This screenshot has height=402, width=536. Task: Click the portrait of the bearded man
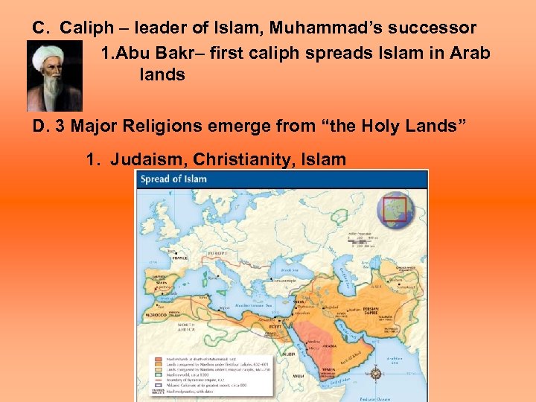(x=54, y=77)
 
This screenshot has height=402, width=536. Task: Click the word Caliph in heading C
(x=86, y=28)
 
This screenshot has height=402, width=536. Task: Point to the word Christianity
(x=237, y=159)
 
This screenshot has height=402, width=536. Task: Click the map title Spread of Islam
(x=173, y=179)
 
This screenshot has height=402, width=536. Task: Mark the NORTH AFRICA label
(x=187, y=328)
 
